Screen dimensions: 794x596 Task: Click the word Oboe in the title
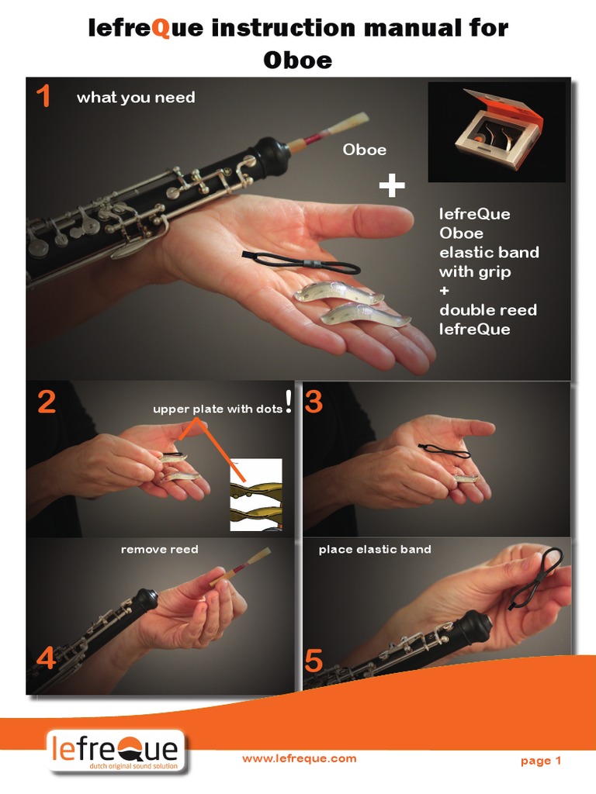(x=298, y=59)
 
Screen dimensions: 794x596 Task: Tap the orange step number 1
(x=43, y=97)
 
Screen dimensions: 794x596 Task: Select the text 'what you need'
(x=136, y=98)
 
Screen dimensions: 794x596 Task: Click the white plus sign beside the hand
(x=392, y=185)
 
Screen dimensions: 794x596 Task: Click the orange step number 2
(x=46, y=402)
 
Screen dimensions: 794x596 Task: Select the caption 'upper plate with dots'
(x=218, y=409)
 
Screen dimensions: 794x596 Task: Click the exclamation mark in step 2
(x=289, y=402)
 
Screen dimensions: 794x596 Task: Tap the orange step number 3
(x=314, y=402)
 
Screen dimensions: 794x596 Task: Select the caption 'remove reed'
(x=159, y=549)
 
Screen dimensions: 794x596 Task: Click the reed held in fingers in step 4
(x=225, y=580)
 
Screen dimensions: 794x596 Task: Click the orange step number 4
(x=46, y=658)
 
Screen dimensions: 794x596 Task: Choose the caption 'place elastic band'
(x=375, y=549)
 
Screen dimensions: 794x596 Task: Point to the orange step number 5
(x=314, y=661)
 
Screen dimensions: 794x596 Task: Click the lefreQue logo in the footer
(x=116, y=751)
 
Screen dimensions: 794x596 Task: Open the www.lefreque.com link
(x=299, y=759)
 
